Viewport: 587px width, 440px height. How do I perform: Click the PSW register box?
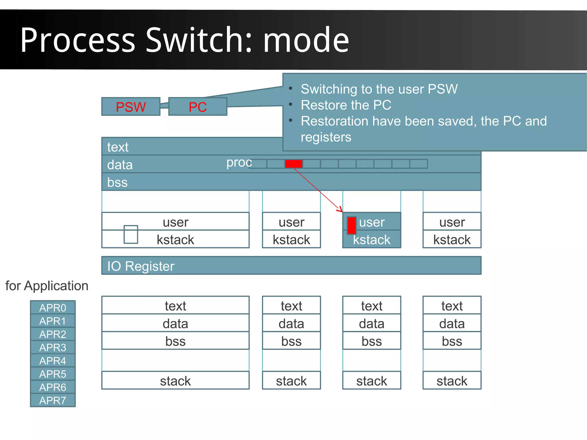coord(131,107)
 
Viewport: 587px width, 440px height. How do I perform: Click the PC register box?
coord(197,107)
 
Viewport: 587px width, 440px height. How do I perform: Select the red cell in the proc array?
coord(293,164)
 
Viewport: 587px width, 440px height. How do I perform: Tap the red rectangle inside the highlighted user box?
coord(352,225)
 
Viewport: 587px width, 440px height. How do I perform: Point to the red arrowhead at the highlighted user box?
coord(340,210)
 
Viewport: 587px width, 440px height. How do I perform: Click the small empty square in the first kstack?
coord(131,234)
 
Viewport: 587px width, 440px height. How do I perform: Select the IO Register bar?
coord(291,266)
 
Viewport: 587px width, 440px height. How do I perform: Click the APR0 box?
coord(53,307)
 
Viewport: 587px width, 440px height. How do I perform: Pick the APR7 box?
coord(53,400)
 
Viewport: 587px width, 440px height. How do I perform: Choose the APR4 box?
coord(53,361)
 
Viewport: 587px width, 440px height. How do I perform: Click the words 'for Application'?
coord(47,286)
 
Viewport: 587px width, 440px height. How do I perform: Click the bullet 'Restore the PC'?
coord(346,105)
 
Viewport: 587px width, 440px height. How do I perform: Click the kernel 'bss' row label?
coord(117,182)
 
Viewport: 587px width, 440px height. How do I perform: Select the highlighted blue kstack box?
coord(371,240)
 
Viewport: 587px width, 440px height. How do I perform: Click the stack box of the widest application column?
coord(175,381)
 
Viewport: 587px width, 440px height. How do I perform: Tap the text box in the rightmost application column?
coord(452,306)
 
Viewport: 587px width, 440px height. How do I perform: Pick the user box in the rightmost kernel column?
coord(452,222)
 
